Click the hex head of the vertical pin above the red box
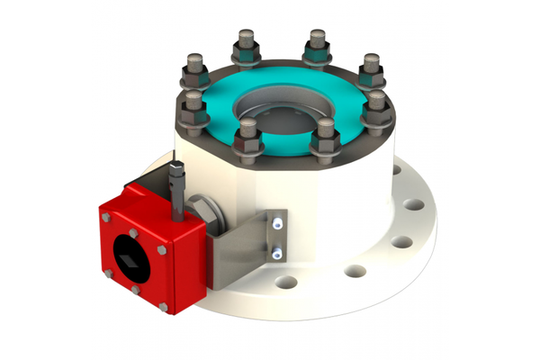click(176, 168)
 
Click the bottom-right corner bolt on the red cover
click(163, 307)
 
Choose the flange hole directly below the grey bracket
click(286, 283)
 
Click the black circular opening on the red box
click(129, 257)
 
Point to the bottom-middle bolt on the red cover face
click(135, 290)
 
